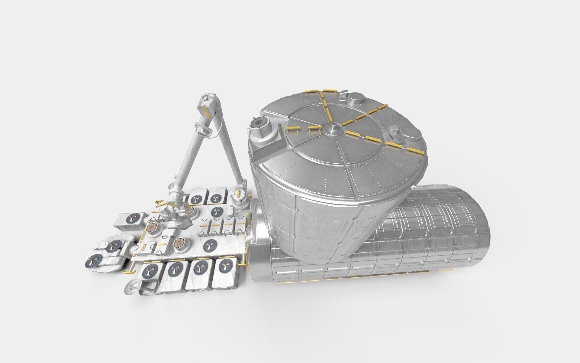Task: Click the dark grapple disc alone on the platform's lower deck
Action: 209,246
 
